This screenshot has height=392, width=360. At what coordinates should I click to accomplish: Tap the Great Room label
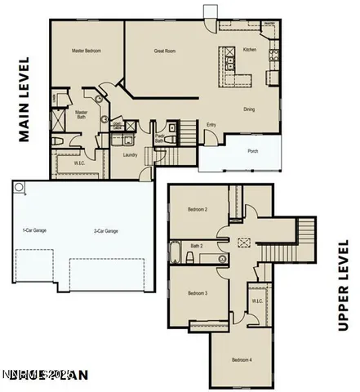166,51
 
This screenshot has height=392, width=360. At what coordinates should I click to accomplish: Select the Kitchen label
250,51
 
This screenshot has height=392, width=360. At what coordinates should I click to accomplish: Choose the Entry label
211,125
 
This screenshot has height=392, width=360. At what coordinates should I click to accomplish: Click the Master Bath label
82,116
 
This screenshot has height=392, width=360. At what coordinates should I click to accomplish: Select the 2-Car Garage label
105,231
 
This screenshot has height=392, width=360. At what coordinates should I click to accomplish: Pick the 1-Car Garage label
33,231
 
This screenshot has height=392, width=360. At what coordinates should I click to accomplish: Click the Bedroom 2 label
198,210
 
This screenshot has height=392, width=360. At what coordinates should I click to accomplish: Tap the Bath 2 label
196,245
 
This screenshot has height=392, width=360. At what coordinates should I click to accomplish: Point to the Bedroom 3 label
198,293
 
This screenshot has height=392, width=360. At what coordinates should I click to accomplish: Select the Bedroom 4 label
240,360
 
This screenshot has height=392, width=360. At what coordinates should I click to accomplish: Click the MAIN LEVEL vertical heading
24,100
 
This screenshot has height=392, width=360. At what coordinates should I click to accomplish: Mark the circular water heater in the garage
19,188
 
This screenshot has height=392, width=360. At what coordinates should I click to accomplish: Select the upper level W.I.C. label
256,301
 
